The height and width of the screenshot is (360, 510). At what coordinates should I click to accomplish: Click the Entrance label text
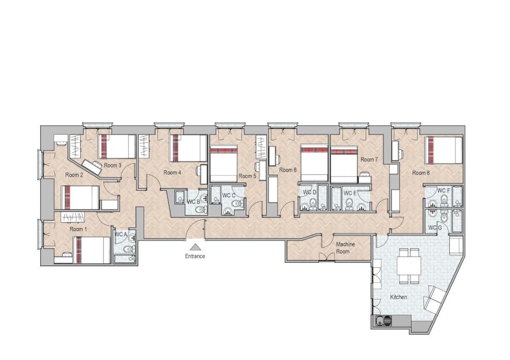click(195, 256)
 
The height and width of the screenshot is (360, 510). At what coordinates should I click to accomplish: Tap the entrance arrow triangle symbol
click(195, 247)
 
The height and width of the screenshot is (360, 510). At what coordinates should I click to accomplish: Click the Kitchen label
click(398, 297)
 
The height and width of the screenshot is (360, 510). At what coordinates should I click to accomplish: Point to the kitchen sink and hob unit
click(383, 321)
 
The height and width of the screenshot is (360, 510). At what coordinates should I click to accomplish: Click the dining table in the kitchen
click(409, 266)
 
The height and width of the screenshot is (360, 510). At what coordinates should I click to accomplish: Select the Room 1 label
click(78, 229)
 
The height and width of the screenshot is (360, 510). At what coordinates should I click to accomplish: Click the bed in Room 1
click(92, 250)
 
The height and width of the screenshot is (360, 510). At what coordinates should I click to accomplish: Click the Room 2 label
click(74, 175)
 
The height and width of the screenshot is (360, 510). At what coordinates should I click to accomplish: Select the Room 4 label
click(172, 172)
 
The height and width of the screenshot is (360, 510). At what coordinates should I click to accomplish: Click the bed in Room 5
click(224, 164)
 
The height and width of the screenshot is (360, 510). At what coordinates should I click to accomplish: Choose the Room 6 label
click(288, 170)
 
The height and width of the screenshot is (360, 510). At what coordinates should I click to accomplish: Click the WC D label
click(310, 192)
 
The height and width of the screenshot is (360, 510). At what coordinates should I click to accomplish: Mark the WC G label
click(434, 227)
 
